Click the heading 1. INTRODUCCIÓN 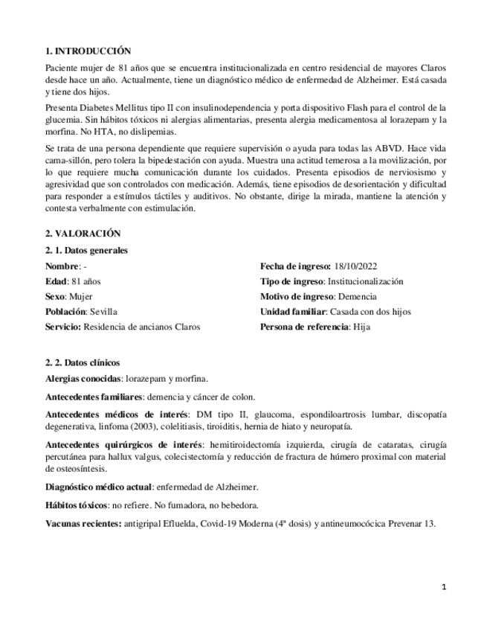(x=88, y=51)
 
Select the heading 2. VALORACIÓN (x=83, y=233)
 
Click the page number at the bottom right (x=444, y=587)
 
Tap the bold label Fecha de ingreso (x=295, y=266)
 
